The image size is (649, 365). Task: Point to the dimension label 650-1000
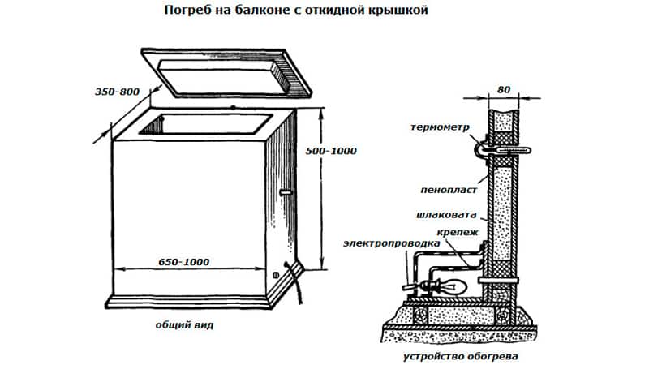click(183, 261)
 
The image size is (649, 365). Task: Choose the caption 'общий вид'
click(183, 325)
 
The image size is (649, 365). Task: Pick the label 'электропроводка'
click(393, 243)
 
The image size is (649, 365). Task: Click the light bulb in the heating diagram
click(451, 286)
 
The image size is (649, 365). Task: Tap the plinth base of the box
click(203, 300)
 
